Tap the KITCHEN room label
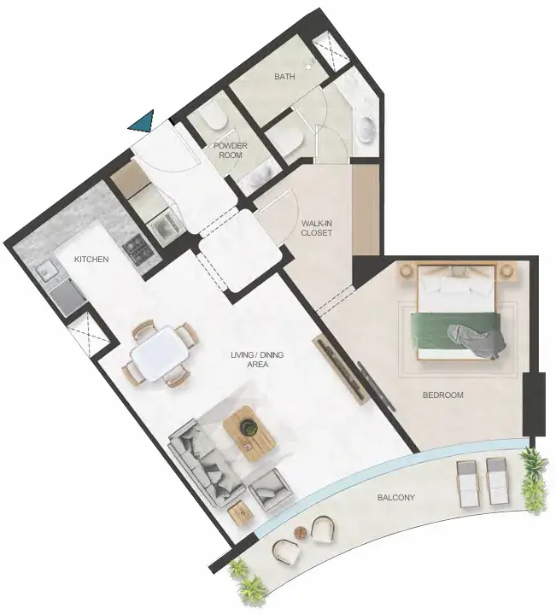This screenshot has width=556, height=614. [91, 260]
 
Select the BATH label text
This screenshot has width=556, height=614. [284, 76]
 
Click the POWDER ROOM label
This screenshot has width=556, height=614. [231, 150]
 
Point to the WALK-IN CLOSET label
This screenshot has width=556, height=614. [317, 228]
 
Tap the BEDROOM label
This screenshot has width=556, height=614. [443, 395]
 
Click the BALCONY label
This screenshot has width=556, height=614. [395, 498]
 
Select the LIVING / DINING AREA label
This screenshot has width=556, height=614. [257, 360]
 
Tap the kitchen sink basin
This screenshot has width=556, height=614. [44, 271]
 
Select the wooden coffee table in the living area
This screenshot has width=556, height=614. [249, 434]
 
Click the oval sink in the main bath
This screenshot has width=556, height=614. [368, 129]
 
